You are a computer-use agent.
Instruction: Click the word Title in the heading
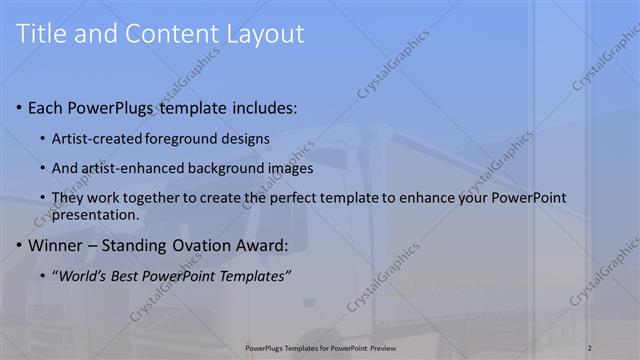click(43, 34)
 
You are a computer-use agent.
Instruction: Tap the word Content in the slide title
click(162, 34)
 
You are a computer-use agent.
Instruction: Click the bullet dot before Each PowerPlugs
click(21, 107)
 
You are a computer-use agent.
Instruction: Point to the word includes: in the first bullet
click(263, 107)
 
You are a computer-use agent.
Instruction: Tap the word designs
click(246, 138)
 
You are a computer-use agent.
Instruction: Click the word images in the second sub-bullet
click(291, 168)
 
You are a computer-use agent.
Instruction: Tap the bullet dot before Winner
click(21, 245)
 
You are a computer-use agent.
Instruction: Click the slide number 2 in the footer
click(590, 347)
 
